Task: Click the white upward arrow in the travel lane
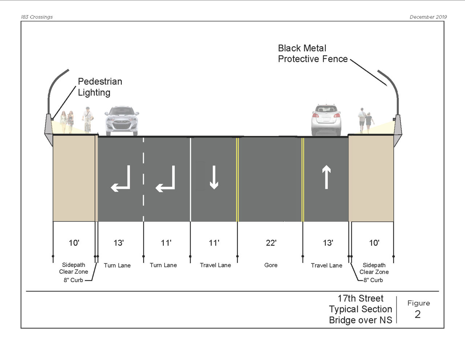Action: point(326,177)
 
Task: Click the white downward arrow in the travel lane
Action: point(214,177)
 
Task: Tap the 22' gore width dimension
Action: point(271,243)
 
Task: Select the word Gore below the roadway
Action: point(271,265)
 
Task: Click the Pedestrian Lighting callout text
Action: point(100,87)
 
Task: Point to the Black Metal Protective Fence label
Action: point(312,53)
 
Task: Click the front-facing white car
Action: point(122,120)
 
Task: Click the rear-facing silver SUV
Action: point(326,119)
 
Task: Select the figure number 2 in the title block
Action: point(418,314)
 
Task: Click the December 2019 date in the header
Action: point(428,17)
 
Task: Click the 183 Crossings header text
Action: point(37,17)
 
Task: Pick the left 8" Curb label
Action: point(73,280)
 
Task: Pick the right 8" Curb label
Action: point(373,280)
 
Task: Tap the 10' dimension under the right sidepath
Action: point(374,243)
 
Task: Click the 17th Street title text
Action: point(360,299)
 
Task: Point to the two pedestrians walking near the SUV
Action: point(365,120)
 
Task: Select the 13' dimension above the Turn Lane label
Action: point(118,243)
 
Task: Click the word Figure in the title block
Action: point(418,303)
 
